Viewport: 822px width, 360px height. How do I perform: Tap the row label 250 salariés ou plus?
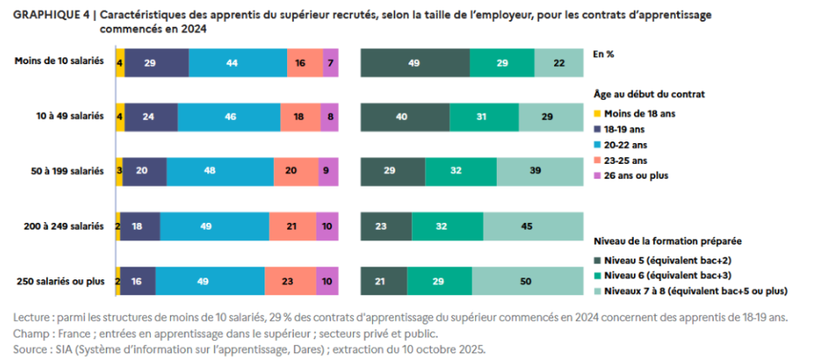pos(61,279)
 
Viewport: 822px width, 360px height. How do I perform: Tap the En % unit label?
pos(603,54)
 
